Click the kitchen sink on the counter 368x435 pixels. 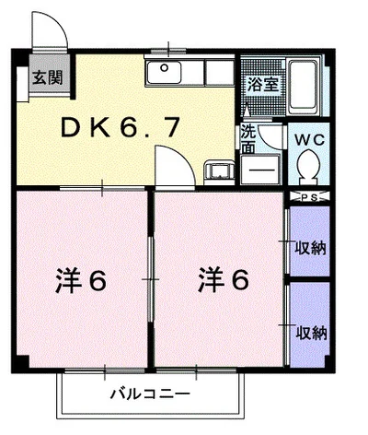click(x=167, y=70)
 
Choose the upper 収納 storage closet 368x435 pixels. click(x=307, y=246)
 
